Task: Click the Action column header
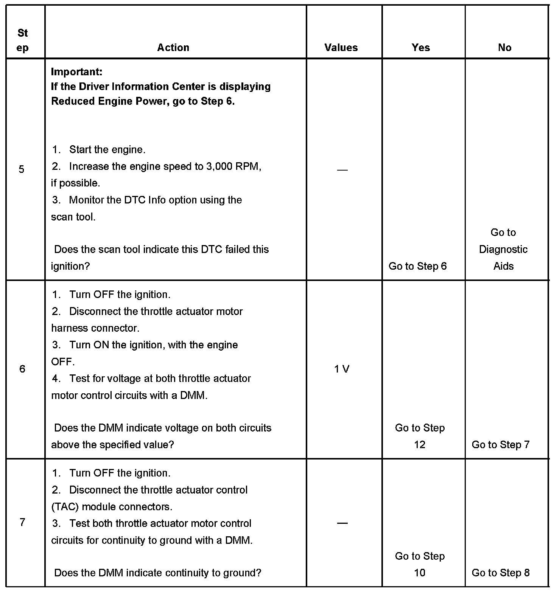[x=173, y=48]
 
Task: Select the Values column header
[x=341, y=48]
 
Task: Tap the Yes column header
[x=421, y=48]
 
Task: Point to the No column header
[x=505, y=48]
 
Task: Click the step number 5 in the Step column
[x=22, y=169]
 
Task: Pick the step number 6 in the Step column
[x=22, y=369]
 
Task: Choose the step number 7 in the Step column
[x=22, y=523]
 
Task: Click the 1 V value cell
[x=342, y=369]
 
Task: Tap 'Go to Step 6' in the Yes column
[x=418, y=266]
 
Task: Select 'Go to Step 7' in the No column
[x=501, y=445]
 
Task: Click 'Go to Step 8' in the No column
[x=501, y=573]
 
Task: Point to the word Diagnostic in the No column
[x=503, y=250]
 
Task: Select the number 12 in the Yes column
[x=420, y=445]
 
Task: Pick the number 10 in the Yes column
[x=420, y=573]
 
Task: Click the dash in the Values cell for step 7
[x=342, y=523]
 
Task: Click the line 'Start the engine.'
[x=107, y=150]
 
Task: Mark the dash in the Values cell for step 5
[x=342, y=170]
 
